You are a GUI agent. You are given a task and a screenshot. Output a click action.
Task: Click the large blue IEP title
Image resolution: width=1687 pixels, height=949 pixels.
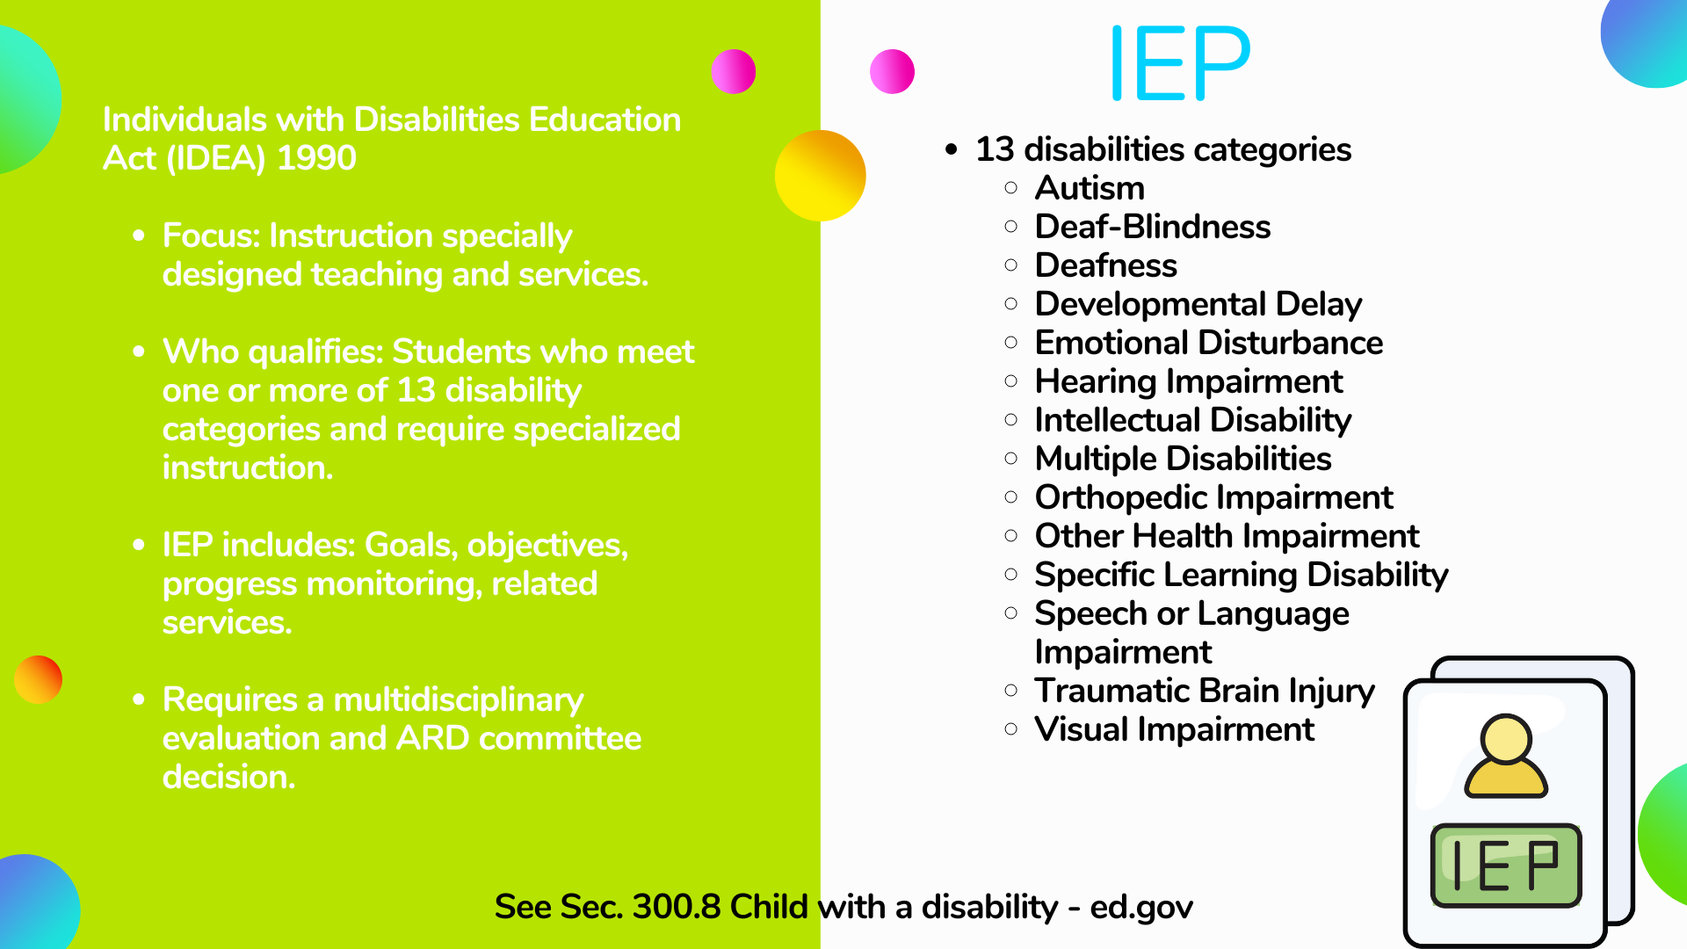pyautogui.click(x=1180, y=62)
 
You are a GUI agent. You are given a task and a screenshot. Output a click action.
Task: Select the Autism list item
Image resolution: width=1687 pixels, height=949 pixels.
pyautogui.click(x=1090, y=188)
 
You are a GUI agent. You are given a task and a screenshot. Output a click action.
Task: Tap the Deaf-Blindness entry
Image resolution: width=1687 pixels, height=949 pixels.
pyautogui.click(x=1153, y=227)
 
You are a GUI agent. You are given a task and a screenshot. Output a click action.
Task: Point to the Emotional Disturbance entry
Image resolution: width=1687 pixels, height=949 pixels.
pyautogui.click(x=1209, y=343)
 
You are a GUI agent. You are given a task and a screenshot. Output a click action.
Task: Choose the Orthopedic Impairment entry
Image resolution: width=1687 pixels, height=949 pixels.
pyautogui.click(x=1214, y=497)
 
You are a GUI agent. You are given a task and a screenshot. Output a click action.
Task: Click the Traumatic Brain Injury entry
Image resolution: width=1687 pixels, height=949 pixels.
pyautogui.click(x=1205, y=691)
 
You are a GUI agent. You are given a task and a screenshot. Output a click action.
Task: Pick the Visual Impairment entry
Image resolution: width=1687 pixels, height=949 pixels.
pyautogui.click(x=1175, y=729)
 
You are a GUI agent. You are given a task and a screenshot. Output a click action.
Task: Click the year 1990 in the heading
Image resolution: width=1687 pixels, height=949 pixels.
pyautogui.click(x=316, y=158)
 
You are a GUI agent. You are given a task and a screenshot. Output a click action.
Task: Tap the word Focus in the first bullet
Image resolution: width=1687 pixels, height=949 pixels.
pyautogui.click(x=211, y=235)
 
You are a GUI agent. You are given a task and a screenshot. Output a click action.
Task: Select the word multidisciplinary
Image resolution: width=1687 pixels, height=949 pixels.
pyautogui.click(x=459, y=700)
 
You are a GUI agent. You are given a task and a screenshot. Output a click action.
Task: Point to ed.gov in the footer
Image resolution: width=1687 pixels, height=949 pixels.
pyautogui.click(x=1141, y=908)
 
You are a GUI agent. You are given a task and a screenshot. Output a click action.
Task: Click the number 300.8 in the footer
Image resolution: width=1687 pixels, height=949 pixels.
pyautogui.click(x=676, y=907)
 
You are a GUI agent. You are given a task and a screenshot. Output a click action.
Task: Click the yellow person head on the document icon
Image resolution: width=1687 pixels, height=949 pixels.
pyautogui.click(x=1506, y=740)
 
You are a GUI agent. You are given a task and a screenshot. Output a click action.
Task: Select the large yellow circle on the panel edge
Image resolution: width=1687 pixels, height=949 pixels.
pyautogui.click(x=821, y=176)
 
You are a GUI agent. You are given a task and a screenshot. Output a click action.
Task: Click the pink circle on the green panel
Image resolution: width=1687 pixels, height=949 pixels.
pyautogui.click(x=734, y=71)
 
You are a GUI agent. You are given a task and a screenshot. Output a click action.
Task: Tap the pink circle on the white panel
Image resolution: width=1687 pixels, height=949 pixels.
pyautogui.click(x=892, y=71)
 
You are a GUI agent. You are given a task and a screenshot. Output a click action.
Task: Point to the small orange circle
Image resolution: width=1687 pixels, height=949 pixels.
pyautogui.click(x=38, y=679)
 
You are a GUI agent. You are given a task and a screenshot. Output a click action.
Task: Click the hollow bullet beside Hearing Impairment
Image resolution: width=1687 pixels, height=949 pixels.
pyautogui.click(x=1011, y=381)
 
